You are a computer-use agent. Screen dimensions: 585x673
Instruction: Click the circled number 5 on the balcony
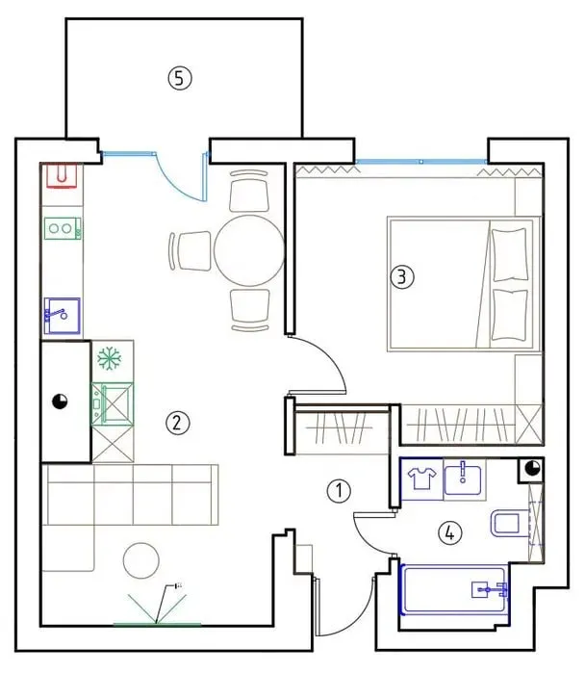pyautogui.click(x=180, y=78)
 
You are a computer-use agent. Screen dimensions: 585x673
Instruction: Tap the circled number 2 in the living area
pyautogui.click(x=178, y=424)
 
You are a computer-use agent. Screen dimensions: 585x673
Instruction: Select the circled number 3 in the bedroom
pyautogui.click(x=402, y=277)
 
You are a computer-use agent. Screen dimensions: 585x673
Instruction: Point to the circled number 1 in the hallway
pyautogui.click(x=339, y=491)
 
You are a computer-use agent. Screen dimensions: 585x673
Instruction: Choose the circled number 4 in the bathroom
pyautogui.click(x=450, y=533)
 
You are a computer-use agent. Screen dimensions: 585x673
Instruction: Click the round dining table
pyautogui.click(x=249, y=250)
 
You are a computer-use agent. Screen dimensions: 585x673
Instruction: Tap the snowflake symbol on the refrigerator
pyautogui.click(x=110, y=358)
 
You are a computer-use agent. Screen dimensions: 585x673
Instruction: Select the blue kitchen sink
pyautogui.click(x=63, y=316)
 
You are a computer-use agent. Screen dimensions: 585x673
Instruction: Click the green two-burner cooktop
pyautogui.click(x=63, y=228)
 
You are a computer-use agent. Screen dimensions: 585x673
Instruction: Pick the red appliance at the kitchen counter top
pyautogui.click(x=62, y=175)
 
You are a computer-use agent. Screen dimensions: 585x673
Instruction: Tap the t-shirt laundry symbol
pyautogui.click(x=422, y=479)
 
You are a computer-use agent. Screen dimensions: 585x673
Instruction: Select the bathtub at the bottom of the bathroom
pyautogui.click(x=454, y=590)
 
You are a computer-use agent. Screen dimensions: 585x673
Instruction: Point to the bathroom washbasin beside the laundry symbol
pyautogui.click(x=463, y=479)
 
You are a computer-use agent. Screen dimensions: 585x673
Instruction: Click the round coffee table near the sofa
pyautogui.click(x=141, y=560)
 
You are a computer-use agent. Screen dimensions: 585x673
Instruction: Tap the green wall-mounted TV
pyautogui.click(x=157, y=624)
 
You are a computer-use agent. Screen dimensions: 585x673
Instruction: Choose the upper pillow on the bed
pyautogui.click(x=510, y=255)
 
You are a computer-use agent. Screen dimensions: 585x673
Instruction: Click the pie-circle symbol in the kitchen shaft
pyautogui.click(x=60, y=401)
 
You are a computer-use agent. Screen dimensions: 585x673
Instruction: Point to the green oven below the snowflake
pyautogui.click(x=113, y=403)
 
